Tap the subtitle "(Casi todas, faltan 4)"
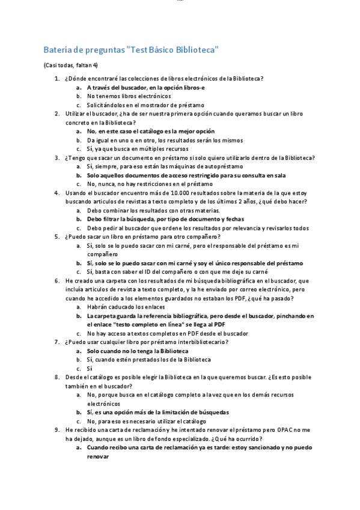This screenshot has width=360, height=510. [x=70, y=65]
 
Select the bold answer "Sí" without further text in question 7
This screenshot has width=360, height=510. [x=90, y=368]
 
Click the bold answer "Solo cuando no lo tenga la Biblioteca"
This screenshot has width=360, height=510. [x=138, y=351]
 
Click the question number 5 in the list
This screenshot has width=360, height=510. [x=56, y=237]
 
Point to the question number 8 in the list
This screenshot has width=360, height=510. [x=56, y=377]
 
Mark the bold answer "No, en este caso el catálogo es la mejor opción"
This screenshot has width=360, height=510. [x=151, y=131]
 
